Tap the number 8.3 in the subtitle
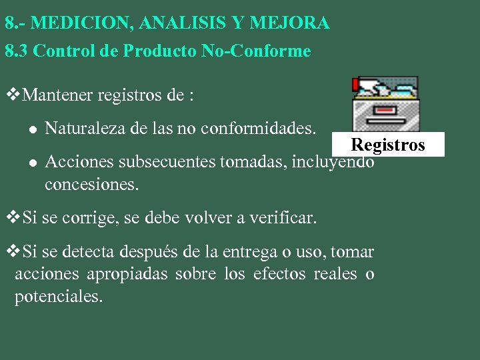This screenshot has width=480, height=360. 16,51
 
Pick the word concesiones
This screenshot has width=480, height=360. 92,185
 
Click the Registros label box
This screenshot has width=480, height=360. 388,145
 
